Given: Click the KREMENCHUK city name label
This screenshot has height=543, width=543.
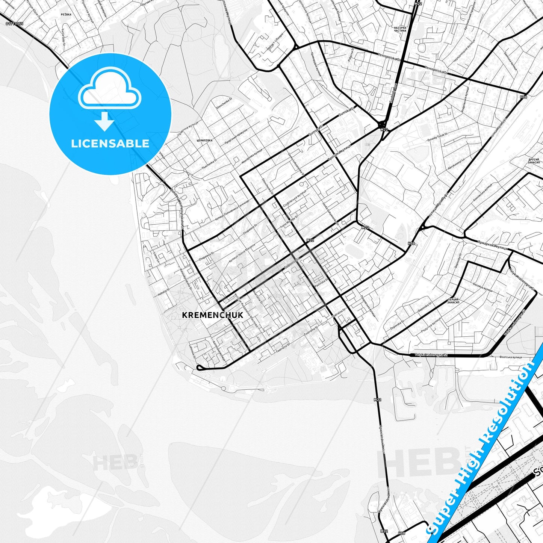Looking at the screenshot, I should [212, 315].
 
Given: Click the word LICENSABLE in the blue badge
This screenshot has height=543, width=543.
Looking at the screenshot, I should [110, 144].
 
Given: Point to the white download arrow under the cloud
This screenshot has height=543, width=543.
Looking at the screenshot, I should [104, 122].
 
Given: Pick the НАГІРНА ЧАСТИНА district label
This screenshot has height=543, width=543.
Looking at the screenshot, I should [400, 29].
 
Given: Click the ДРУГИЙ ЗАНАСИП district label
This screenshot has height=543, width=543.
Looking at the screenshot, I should [534, 161].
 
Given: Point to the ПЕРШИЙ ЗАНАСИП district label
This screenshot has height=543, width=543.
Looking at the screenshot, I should [453, 301].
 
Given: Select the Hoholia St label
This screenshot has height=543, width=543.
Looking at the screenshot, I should [163, 292].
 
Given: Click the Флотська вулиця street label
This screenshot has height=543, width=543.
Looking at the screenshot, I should [510, 357].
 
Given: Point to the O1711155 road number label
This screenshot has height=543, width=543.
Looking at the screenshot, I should [14, 24].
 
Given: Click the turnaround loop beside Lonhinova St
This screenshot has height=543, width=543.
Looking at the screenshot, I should [199, 367].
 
